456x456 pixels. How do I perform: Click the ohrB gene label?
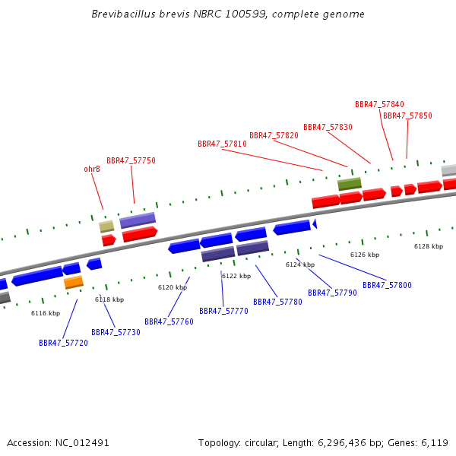click(x=92, y=169)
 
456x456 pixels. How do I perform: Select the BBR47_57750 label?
click(x=131, y=160)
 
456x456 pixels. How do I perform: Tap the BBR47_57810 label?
click(x=222, y=144)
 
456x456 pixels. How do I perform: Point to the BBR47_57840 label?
click(x=379, y=104)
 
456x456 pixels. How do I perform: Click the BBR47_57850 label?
click(x=407, y=116)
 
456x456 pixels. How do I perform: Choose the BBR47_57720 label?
click(x=63, y=343)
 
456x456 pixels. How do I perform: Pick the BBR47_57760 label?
click(x=169, y=321)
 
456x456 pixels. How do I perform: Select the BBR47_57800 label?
click(x=387, y=285)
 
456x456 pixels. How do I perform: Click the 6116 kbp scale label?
click(x=46, y=313)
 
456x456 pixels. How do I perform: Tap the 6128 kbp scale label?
click(x=429, y=246)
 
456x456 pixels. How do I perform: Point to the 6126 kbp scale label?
click(x=365, y=255)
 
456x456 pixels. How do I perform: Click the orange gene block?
click(x=74, y=282)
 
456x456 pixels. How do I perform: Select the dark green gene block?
click(x=350, y=184)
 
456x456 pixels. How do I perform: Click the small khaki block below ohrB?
click(x=106, y=226)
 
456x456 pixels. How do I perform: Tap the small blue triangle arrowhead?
click(x=315, y=223)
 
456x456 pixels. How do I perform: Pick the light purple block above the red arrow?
click(x=138, y=220)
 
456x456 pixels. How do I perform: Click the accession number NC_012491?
click(x=82, y=443)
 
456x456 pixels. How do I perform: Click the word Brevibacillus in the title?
click(x=124, y=14)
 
